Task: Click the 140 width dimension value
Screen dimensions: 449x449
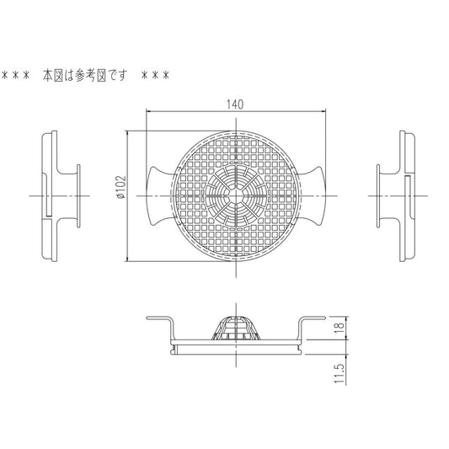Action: click(235, 104)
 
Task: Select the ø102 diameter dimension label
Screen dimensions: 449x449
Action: click(120, 187)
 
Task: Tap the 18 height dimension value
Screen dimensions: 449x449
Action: click(339, 328)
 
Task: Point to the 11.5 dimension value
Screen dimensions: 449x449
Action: click(339, 374)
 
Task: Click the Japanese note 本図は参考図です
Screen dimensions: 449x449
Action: click(85, 75)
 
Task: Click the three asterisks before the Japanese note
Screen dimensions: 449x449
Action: click(16, 75)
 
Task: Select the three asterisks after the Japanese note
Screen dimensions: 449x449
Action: click(156, 75)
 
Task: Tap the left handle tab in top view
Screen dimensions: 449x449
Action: click(159, 196)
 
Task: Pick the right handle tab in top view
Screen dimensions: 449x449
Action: click(313, 196)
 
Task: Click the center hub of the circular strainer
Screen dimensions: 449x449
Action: click(236, 196)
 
